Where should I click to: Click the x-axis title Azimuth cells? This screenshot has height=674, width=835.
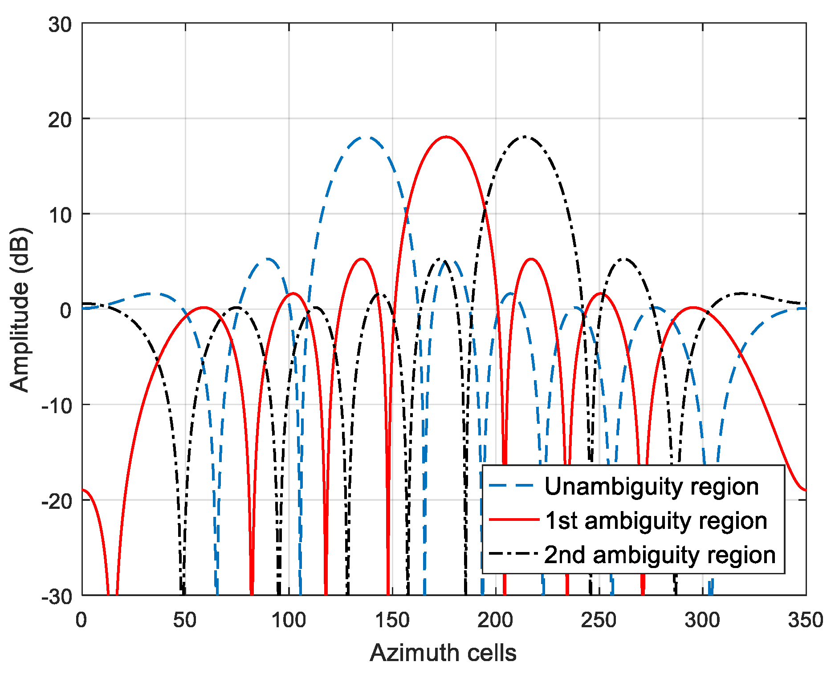coord(443,653)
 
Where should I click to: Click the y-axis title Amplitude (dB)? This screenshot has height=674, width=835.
coord(20,310)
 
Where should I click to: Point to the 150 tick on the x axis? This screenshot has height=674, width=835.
coord(392,620)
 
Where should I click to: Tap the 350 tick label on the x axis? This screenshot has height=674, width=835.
coord(806,620)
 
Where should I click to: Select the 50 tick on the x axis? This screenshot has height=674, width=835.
coord(185,620)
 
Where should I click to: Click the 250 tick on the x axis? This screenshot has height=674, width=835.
coord(599,620)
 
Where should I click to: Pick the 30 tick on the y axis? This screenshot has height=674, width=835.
coord(60,24)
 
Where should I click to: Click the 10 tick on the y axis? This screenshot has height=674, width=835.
coord(60,215)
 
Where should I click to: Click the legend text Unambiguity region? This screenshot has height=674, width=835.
coord(652,486)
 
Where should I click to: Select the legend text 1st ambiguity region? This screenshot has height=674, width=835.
coord(656,520)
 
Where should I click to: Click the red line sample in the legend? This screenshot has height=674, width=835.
coord(513,520)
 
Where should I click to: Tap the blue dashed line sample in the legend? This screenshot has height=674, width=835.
coord(513,485)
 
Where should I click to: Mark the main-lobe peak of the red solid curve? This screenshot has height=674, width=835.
coord(446,137)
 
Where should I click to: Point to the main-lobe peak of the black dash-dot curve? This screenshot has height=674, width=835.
coord(525,137)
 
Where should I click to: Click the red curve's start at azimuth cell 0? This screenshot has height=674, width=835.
coord(83,490)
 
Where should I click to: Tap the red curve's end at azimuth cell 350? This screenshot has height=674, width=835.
coord(805,490)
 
